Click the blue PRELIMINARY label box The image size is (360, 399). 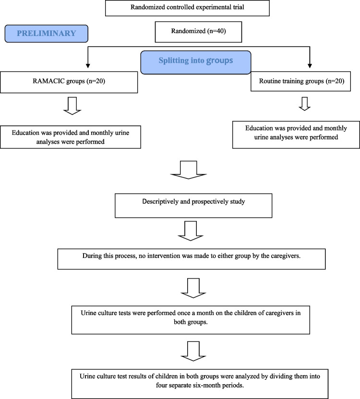point(47,34)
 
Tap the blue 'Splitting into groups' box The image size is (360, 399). point(196,62)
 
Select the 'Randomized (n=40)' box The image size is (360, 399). point(198,32)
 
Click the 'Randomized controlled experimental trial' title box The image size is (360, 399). point(187,8)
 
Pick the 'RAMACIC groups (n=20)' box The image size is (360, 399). point(69,82)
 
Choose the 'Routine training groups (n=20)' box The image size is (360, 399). point(300,82)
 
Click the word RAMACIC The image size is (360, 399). point(48,81)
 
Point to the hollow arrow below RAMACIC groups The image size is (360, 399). point(72,106)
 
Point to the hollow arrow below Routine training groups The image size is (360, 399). point(304,104)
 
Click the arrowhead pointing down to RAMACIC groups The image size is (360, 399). point(88,66)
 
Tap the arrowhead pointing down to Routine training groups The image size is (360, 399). point(310,66)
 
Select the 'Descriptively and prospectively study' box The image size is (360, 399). point(193,206)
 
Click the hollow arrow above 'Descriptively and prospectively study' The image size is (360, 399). point(188,170)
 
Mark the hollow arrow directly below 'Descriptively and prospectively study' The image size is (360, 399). point(190,231)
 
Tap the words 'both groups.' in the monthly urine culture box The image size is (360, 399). point(191,322)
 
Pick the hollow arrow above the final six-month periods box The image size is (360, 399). point(193,351)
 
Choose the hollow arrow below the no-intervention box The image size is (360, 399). point(193,288)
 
